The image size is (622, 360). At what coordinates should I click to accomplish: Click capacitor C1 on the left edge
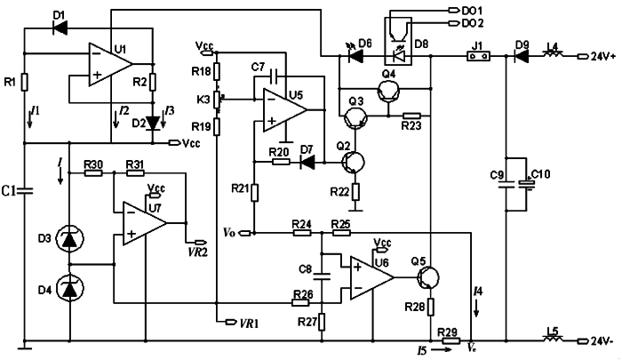pos(25,189)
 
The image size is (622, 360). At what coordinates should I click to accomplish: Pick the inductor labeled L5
pos(551,340)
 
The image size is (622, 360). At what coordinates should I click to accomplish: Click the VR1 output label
pos(243,321)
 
